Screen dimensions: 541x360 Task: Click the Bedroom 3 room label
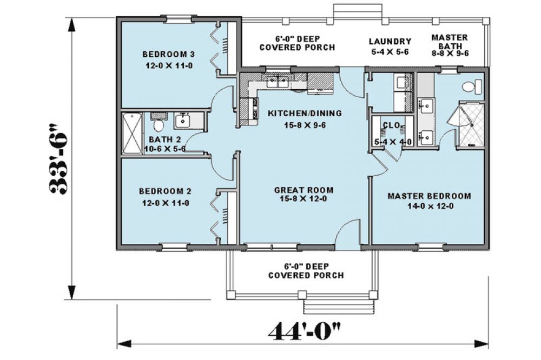[169, 54]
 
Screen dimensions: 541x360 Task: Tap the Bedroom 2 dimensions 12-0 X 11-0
[166, 203]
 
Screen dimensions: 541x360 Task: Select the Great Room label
[304, 190]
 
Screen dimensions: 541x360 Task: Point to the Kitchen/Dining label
[305, 113]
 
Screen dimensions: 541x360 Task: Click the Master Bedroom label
[429, 196]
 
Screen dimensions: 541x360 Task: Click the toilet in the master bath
[472, 86]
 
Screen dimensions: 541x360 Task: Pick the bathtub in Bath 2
[131, 134]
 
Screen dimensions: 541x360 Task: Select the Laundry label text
[390, 42]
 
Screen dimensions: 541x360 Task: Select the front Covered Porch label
[306, 271]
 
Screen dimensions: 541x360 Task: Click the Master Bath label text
[450, 42]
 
